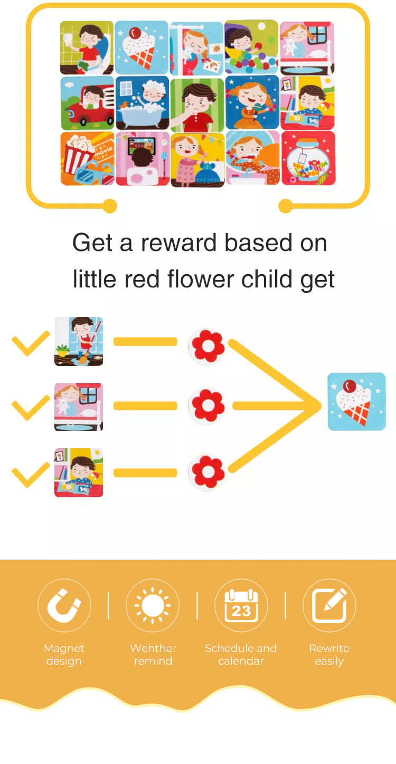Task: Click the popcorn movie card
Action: click(x=87, y=159)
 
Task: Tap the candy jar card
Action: click(x=308, y=159)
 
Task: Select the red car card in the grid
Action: click(x=87, y=103)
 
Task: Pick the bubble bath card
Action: click(x=143, y=103)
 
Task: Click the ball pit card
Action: click(x=251, y=48)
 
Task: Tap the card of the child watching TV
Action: click(x=143, y=159)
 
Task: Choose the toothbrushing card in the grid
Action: click(x=252, y=158)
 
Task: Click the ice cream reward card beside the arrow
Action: click(x=356, y=402)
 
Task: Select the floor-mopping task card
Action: click(x=79, y=341)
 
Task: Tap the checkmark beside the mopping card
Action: click(x=31, y=343)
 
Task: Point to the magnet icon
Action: click(x=64, y=605)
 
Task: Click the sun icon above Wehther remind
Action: click(x=153, y=605)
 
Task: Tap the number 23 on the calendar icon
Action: click(x=241, y=611)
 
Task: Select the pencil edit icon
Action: click(x=329, y=605)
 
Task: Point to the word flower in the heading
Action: click(x=201, y=279)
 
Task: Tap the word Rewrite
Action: click(x=329, y=648)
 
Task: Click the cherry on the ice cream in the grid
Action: click(x=135, y=33)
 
